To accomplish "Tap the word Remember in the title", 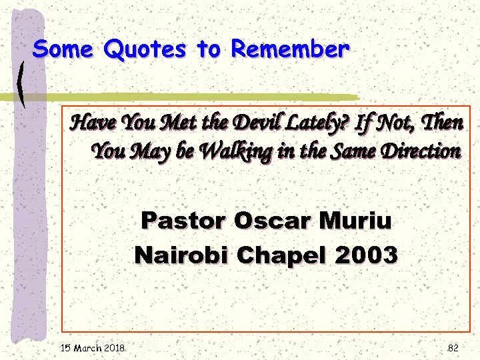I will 290,49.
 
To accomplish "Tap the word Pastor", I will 182,220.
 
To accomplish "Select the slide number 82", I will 453,347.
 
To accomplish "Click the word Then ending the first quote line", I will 441,123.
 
